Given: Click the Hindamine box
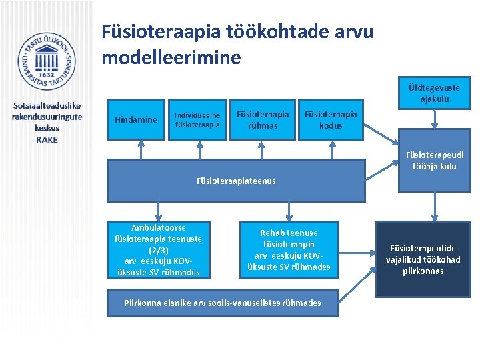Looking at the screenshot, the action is pyautogui.click(x=136, y=120).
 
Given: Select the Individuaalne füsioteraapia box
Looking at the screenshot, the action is pyautogui.click(x=197, y=119).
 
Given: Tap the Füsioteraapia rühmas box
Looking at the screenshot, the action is pyautogui.click(x=263, y=119).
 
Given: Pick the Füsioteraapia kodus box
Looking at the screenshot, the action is pyautogui.click(x=331, y=119).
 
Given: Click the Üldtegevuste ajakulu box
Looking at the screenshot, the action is pyautogui.click(x=435, y=93).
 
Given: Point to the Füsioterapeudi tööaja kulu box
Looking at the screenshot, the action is pyautogui.click(x=434, y=161).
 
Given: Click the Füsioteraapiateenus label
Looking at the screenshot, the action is pyautogui.click(x=236, y=181).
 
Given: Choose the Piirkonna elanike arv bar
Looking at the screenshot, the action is pyautogui.click(x=223, y=303).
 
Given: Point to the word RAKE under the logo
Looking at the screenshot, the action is pyautogui.click(x=47, y=140).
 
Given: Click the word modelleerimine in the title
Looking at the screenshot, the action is pyautogui.click(x=171, y=57).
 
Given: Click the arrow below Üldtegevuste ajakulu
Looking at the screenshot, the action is pyautogui.click(x=435, y=118).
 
